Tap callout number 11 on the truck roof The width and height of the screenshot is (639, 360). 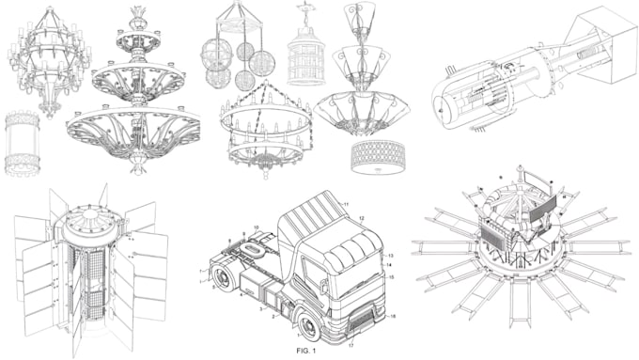tap(345, 204)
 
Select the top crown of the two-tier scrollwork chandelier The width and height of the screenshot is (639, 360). tap(138, 17)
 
